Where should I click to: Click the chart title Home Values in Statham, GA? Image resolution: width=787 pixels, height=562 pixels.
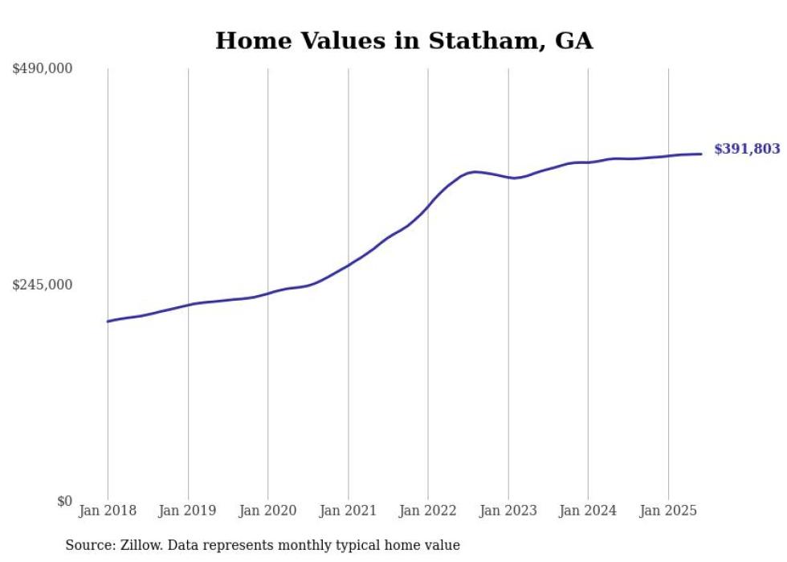(404, 40)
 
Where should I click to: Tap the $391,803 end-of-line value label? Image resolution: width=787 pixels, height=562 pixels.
(747, 149)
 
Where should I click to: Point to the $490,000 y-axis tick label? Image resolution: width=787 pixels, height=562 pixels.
(43, 69)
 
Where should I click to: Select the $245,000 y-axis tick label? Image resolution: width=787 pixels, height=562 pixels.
(43, 285)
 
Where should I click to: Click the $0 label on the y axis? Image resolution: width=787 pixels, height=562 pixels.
(64, 501)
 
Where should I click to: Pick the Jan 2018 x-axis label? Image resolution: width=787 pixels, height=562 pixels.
(108, 511)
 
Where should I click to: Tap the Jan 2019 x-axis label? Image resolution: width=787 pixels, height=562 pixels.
(188, 511)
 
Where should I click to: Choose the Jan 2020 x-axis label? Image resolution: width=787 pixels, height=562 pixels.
(267, 511)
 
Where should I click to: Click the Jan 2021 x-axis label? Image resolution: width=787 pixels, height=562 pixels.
(348, 511)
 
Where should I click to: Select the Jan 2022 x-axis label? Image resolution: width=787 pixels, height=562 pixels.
(428, 511)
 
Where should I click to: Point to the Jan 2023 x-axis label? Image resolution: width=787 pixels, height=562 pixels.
(508, 511)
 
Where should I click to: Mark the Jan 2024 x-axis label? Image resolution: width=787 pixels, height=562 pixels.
(588, 511)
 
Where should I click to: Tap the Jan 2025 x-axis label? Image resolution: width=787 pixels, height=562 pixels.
(668, 511)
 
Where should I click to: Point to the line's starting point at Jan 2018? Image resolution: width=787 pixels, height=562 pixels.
(108, 322)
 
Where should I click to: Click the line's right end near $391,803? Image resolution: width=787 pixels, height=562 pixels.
(702, 154)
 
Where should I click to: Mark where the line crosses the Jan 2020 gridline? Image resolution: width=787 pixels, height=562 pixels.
(267, 293)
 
